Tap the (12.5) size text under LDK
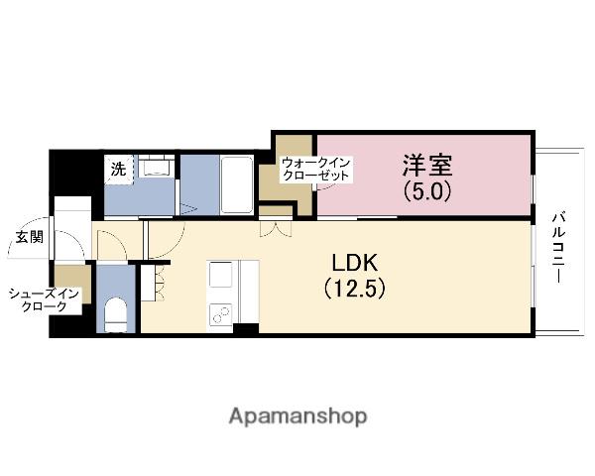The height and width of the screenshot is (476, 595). click(x=355, y=289)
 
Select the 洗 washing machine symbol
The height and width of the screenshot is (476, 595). click(x=118, y=169)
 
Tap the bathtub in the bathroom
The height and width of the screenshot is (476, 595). click(x=236, y=184)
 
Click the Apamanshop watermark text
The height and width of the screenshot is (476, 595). click(x=297, y=416)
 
